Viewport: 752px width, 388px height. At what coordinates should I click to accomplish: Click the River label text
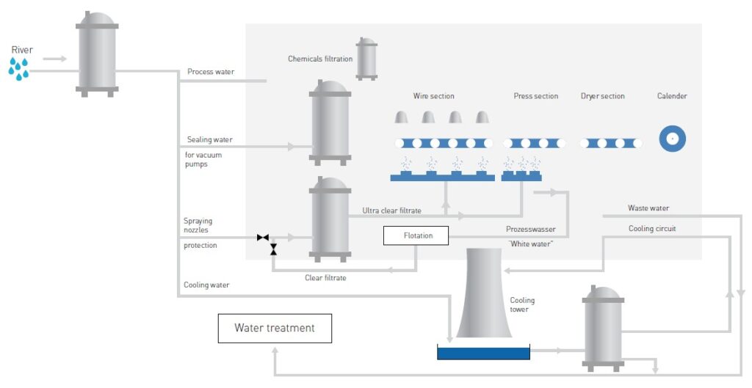point(22,50)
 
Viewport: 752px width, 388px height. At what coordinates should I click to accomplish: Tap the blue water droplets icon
point(19,69)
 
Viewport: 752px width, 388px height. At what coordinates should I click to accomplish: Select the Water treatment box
point(275,328)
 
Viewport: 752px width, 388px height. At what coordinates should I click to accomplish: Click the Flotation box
point(416,235)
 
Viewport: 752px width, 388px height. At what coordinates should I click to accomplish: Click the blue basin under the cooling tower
point(483,353)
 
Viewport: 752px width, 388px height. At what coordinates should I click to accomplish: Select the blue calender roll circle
point(671,139)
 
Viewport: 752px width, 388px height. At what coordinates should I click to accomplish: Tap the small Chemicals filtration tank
point(366,59)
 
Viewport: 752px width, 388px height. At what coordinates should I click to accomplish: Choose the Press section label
point(535,96)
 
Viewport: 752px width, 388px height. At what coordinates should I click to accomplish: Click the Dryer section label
point(602,96)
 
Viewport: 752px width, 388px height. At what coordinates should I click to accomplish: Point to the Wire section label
point(433,96)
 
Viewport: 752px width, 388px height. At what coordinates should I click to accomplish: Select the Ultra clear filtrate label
point(391,211)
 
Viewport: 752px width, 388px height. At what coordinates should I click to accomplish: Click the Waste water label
point(648,208)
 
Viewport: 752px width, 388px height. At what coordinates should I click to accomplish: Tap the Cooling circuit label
point(652,229)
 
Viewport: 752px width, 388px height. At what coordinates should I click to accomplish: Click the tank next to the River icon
point(97,55)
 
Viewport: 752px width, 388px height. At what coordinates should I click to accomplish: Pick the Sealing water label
point(209,139)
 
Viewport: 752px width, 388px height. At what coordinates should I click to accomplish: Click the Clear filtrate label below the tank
point(325,278)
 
